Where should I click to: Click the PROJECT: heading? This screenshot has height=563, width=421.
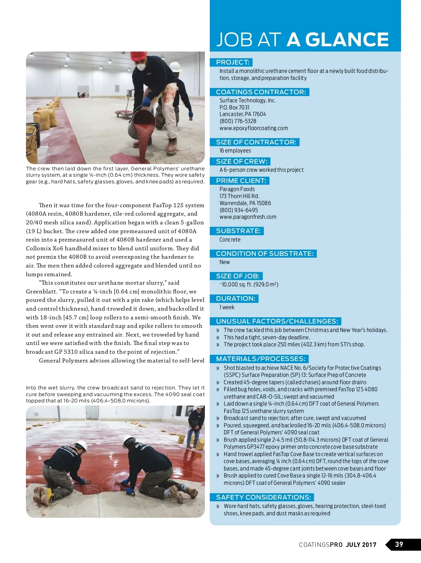233,62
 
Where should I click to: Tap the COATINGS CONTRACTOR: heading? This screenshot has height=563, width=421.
261,92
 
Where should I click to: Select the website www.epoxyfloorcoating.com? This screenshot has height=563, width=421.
254,128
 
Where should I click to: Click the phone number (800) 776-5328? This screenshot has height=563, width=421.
238,121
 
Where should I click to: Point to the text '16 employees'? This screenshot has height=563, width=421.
235,151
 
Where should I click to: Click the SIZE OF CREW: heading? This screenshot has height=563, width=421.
241,162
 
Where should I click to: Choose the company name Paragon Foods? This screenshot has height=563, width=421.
237,189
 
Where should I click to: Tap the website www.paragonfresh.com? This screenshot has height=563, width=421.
248,217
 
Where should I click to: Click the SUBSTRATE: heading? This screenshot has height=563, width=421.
238,231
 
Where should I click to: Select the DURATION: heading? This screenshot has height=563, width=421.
235,299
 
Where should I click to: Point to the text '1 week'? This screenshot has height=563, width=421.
227,307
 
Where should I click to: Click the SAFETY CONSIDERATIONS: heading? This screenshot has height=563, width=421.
263,497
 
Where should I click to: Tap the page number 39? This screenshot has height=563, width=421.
399,544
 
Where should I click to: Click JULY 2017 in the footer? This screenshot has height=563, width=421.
361,545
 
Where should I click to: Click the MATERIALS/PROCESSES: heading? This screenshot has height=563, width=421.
261,359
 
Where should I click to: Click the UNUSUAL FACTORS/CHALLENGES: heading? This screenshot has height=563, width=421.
277,321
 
